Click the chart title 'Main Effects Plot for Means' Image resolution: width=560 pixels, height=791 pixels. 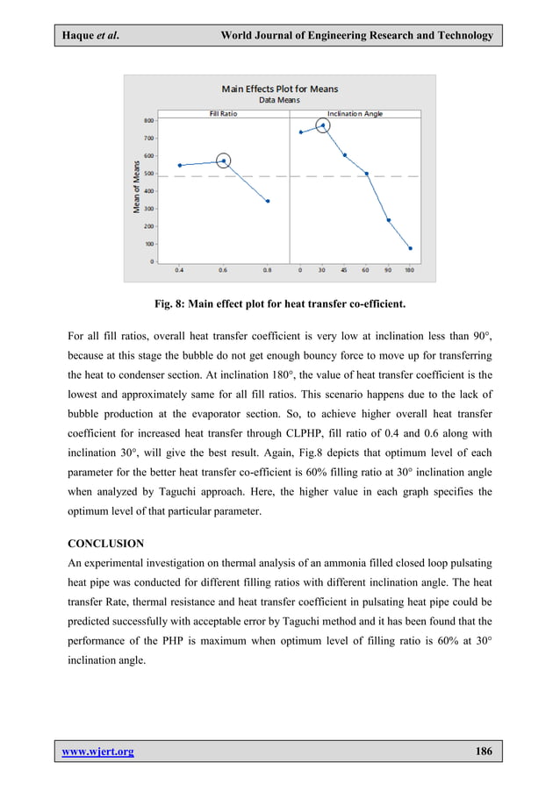click(x=279, y=89)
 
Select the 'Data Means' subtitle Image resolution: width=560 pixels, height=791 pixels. click(x=279, y=100)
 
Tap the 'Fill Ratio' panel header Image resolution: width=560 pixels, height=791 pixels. click(x=223, y=113)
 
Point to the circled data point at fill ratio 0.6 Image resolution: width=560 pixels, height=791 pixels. click(x=224, y=160)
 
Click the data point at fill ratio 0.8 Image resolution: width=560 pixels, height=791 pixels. click(x=268, y=201)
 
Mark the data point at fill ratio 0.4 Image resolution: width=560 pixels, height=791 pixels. click(x=180, y=165)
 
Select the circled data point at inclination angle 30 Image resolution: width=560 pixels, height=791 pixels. click(x=322, y=125)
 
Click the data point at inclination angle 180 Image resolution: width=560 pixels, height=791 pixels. click(x=410, y=248)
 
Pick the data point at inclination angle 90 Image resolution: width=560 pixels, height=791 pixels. click(x=388, y=220)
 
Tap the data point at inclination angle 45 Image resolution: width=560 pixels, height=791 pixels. click(x=344, y=155)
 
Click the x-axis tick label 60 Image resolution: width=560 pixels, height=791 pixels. click(x=366, y=269)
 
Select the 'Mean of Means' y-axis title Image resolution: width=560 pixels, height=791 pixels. click(x=137, y=191)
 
